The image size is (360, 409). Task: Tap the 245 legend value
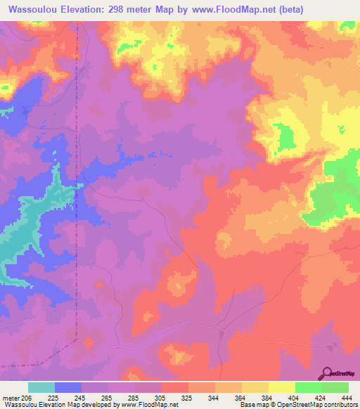pyautogui.click(x=82, y=398)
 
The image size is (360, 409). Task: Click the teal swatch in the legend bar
pyautogui.click(x=41, y=387)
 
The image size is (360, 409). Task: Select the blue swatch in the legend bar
pyautogui.click(x=68, y=387)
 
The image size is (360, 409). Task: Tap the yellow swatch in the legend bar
pyautogui.click(x=281, y=387)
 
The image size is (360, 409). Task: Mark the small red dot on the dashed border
pyautogui.click(x=89, y=342)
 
